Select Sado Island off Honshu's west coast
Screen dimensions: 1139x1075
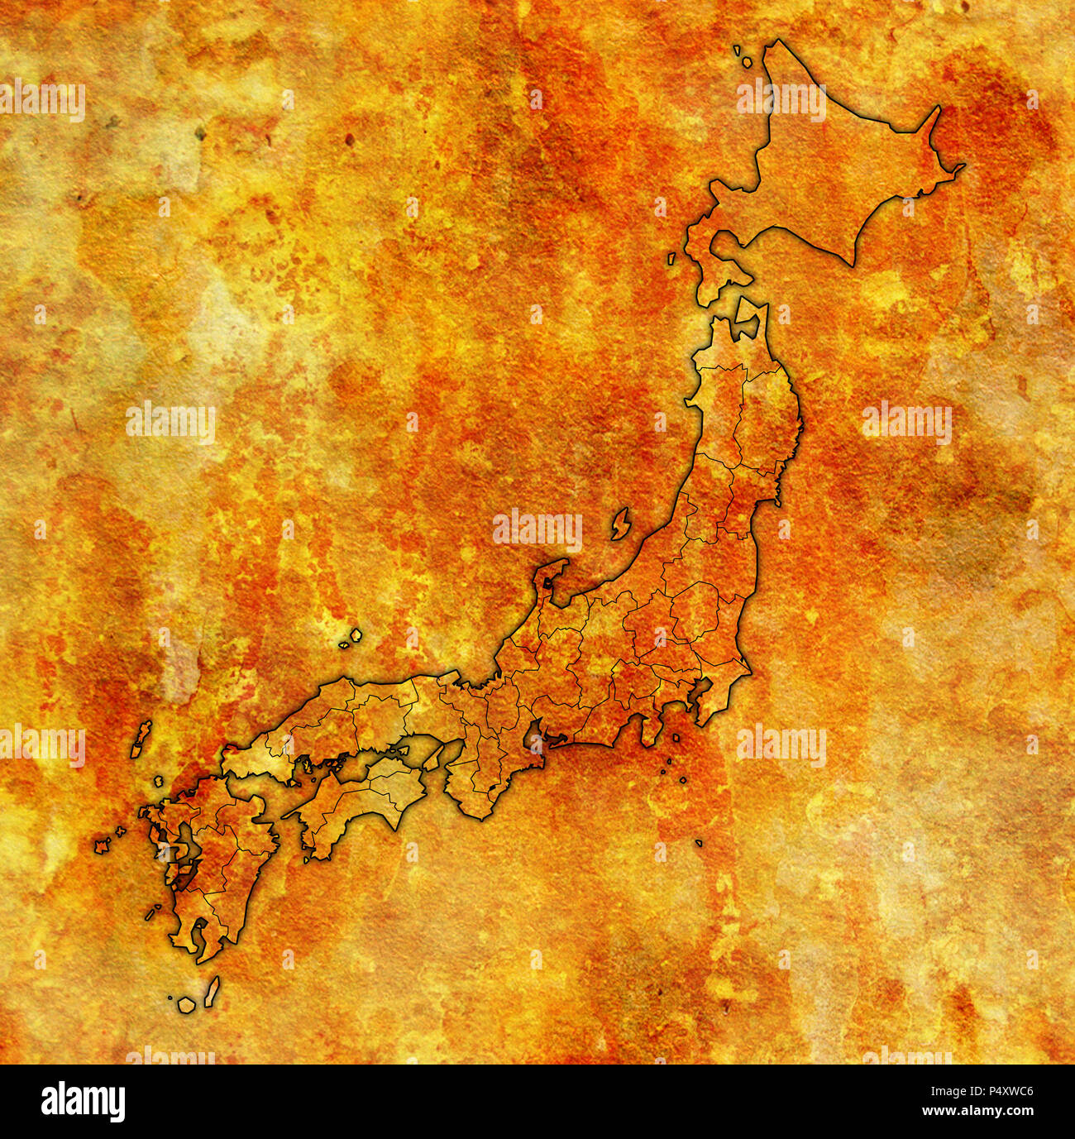click(x=620, y=524)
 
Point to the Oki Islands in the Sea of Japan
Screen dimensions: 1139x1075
click(x=355, y=637)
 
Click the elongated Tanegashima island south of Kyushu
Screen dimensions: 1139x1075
click(x=212, y=992)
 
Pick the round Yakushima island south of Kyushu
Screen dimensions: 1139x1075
click(x=186, y=1004)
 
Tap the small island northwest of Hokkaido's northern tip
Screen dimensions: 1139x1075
click(x=745, y=60)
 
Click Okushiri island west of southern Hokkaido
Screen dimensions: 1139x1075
click(x=672, y=259)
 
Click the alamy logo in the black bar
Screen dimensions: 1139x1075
click(x=83, y=1102)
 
